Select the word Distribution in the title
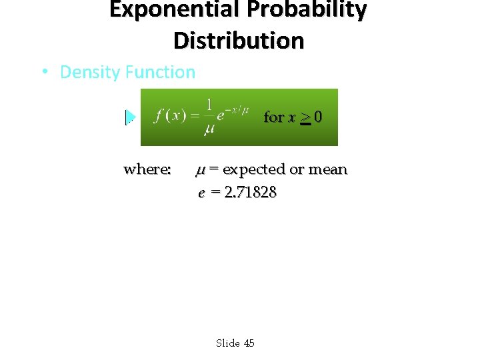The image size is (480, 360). [x=239, y=41]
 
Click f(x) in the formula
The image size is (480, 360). [x=170, y=115]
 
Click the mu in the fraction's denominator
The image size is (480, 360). [x=209, y=127]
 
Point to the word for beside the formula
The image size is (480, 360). [x=274, y=117]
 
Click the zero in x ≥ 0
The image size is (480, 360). [x=319, y=117]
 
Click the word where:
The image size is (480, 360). [x=147, y=169]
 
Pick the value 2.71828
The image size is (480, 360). [x=251, y=193]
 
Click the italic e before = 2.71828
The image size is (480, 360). [x=201, y=193]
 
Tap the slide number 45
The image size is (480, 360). [x=249, y=343]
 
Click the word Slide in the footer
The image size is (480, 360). [x=228, y=343]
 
